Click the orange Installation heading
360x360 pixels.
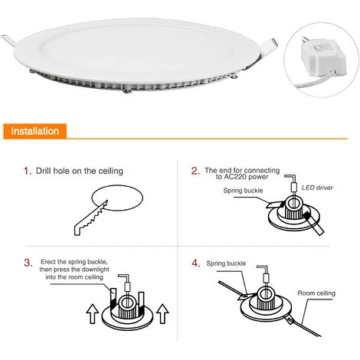34,132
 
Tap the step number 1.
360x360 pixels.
27,171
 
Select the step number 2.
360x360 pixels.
195,171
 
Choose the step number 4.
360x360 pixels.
195,263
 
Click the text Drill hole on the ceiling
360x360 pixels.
80,171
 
